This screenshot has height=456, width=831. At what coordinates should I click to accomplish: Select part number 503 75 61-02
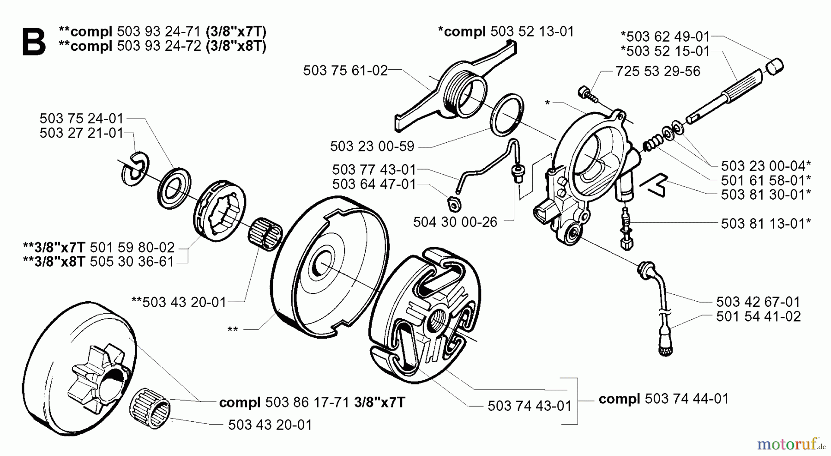(x=345, y=71)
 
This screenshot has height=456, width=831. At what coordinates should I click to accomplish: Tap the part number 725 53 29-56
(x=657, y=71)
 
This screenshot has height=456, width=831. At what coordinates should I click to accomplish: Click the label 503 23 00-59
(x=372, y=146)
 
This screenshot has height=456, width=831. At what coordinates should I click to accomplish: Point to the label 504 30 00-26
(x=455, y=222)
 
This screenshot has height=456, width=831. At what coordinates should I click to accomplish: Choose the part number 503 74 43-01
(x=529, y=406)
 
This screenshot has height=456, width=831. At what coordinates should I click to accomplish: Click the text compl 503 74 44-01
(x=663, y=399)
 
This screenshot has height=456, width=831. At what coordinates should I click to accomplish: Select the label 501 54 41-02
(x=758, y=316)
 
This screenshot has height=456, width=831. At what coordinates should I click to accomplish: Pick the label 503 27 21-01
(x=81, y=133)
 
